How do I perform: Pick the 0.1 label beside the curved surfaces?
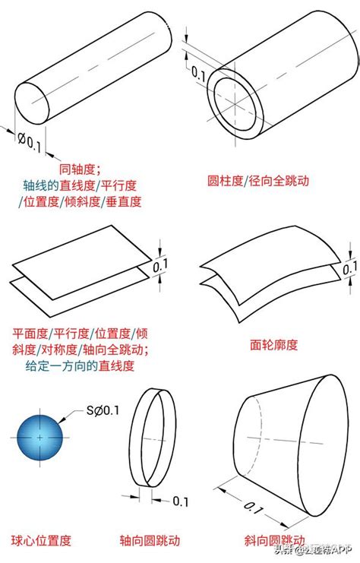(349, 268)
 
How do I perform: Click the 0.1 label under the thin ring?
(181, 501)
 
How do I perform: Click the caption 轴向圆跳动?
(150, 541)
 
